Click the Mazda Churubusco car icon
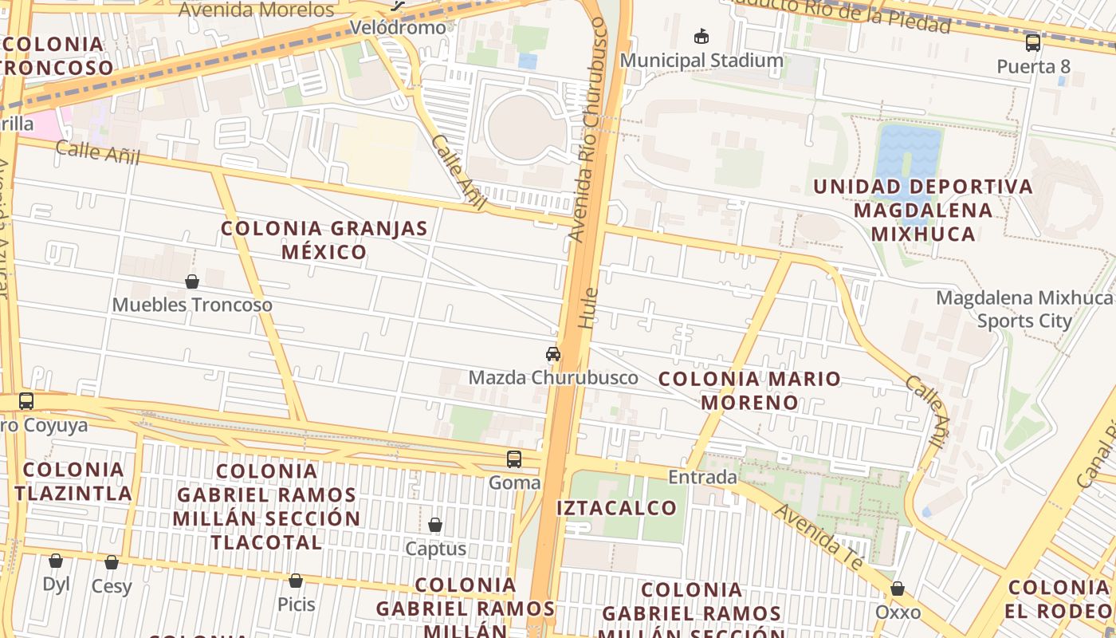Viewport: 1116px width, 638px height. coord(552,354)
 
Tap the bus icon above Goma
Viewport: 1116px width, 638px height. coord(514,459)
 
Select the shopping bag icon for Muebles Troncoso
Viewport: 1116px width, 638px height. coord(192,282)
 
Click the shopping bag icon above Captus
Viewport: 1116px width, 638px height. coord(435,525)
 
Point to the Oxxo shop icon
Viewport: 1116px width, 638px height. coord(898,589)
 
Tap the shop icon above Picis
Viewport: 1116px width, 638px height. coord(296,581)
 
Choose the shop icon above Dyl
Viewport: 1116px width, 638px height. coord(56,561)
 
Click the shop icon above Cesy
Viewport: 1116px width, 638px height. coord(112,563)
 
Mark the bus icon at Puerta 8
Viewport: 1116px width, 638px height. coord(1033,42)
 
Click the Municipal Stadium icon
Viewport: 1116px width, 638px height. coord(701,37)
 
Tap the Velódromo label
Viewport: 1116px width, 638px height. coord(399,27)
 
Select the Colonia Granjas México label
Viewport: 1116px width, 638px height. coord(324,240)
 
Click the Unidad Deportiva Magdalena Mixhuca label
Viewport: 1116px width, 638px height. coord(923,210)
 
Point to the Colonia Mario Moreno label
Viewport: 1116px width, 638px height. coord(749,390)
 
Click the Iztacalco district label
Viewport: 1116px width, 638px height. coord(616,508)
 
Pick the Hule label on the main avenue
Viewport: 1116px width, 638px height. coord(587,309)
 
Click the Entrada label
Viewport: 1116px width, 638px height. coord(702,477)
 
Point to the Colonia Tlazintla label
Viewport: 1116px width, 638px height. coord(73,481)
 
